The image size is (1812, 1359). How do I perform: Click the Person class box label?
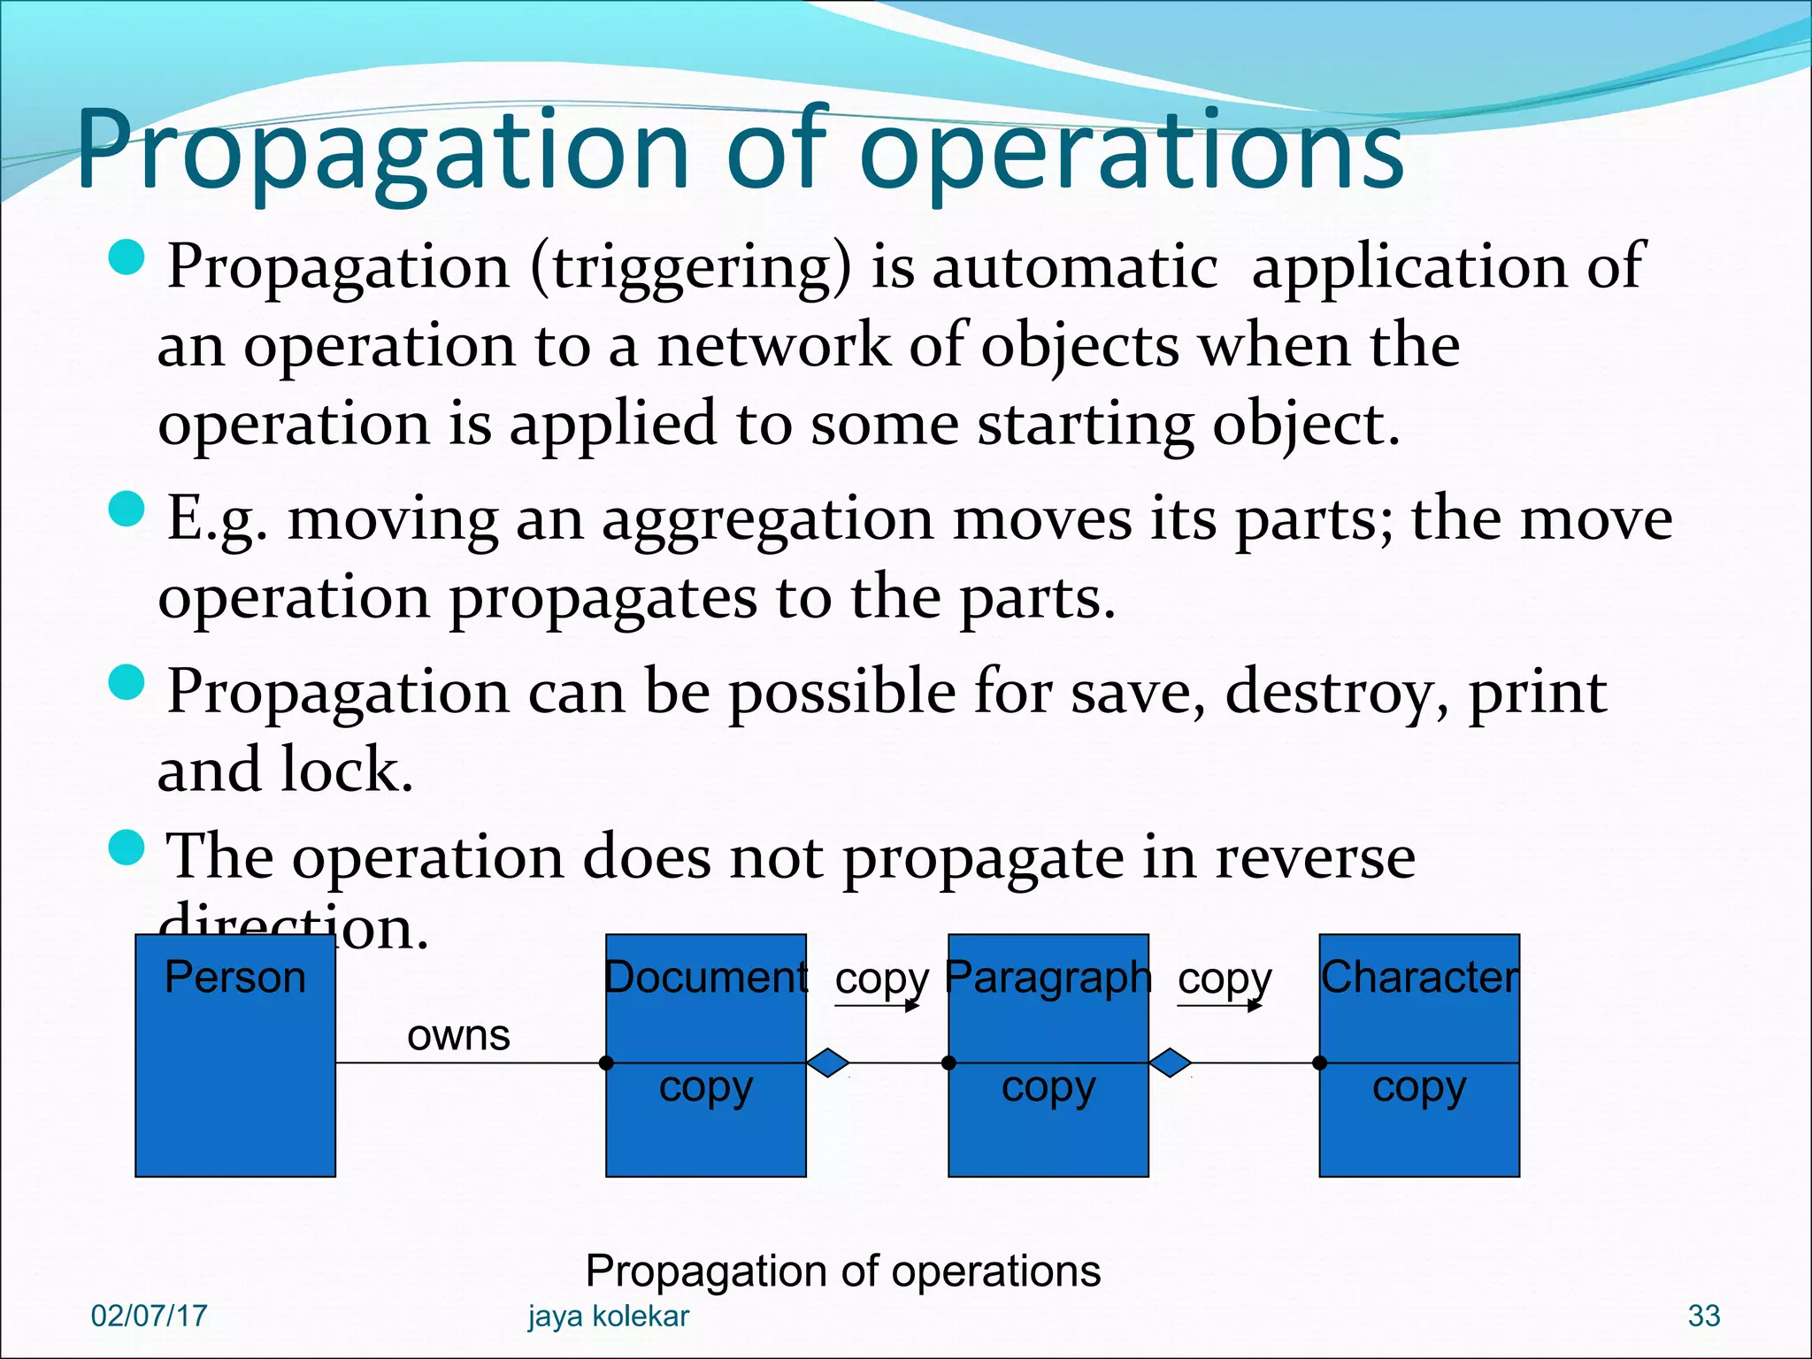234,978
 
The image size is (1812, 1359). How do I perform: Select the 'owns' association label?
458,1034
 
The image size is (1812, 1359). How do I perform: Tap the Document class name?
705,978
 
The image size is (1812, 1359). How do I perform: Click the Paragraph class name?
1048,978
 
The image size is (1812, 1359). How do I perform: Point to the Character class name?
1419,978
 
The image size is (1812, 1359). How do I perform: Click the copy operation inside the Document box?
705,1087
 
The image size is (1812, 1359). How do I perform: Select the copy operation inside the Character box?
1419,1087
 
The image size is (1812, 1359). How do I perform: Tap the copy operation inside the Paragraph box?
1048,1087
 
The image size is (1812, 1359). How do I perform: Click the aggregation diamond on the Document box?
828,1062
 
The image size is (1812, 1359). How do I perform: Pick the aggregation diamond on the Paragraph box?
1170,1062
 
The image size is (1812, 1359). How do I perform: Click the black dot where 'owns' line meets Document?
606,1063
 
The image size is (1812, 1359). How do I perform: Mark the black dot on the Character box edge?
1319,1063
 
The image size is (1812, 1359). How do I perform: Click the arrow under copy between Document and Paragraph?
878,1005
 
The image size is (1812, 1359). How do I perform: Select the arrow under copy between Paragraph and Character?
1220,1005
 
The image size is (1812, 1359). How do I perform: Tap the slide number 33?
1703,1316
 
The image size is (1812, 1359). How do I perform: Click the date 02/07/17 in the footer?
149,1316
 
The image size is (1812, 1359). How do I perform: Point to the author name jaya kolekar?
608,1316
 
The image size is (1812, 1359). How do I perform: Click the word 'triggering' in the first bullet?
691,268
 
